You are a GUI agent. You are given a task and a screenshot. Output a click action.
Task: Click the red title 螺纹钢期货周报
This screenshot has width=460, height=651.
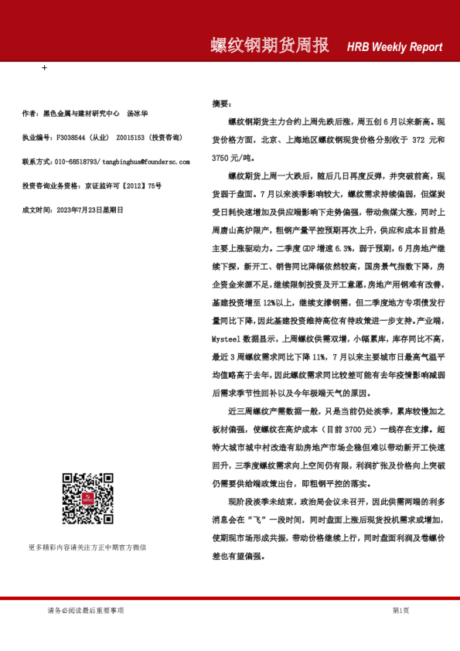pyautogui.click(x=269, y=46)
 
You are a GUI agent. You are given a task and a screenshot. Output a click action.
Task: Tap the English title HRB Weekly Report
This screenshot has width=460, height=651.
pyautogui.click(x=394, y=47)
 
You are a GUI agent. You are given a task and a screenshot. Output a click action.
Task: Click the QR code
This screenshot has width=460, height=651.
pyautogui.click(x=87, y=499)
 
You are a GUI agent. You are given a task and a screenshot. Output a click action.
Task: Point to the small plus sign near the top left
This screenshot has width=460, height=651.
pyautogui.click(x=44, y=68)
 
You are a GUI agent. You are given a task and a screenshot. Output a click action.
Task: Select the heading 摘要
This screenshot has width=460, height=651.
pyautogui.click(x=221, y=103)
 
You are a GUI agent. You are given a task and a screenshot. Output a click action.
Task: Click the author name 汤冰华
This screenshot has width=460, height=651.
pyautogui.click(x=138, y=114)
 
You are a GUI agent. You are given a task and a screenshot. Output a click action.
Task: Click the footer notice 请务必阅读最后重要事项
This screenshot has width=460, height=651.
pyautogui.click(x=86, y=611)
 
